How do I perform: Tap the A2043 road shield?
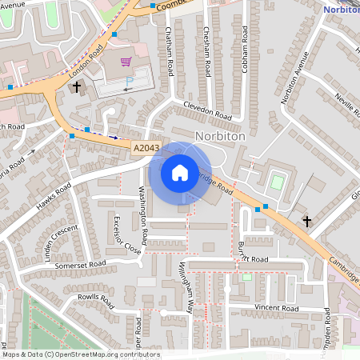pyautogui.click(x=146, y=148)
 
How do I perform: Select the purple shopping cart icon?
pyautogui.click(x=126, y=61)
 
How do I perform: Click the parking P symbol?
pyautogui.click(x=130, y=82)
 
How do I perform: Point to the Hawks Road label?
pyautogui.click(x=54, y=195)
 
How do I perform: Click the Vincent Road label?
pyautogui.click(x=276, y=308)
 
